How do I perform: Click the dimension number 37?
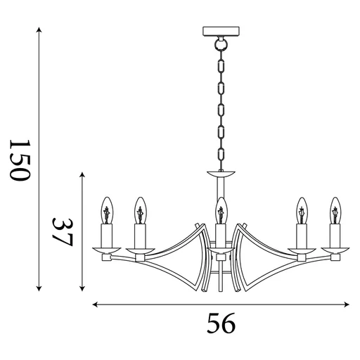click(64, 230)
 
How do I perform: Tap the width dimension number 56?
click(221, 324)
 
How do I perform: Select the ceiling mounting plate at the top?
click(221, 32)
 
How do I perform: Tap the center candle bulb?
click(221, 210)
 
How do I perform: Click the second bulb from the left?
click(139, 210)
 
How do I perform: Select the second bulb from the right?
click(302, 210)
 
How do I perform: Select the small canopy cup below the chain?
click(221, 173)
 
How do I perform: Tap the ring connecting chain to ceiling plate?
click(221, 43)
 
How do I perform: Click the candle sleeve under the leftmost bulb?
click(108, 233)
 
